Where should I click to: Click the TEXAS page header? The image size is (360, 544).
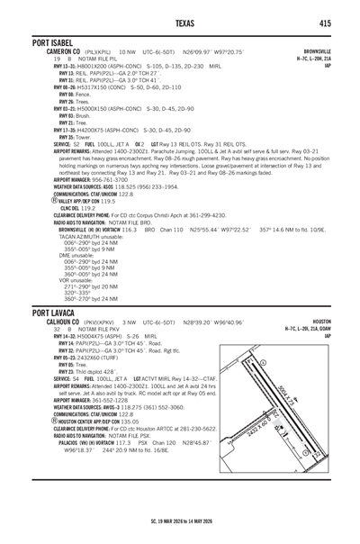pos(180,23)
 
